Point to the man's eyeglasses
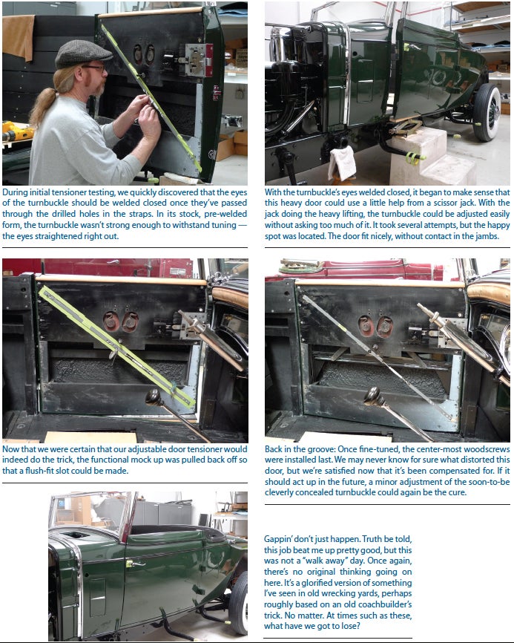point(95,68)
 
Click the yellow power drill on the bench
point(16,131)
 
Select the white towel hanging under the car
point(343,163)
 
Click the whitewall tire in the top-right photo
point(487,112)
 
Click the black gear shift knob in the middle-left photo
point(155,398)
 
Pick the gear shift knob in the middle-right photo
point(373,396)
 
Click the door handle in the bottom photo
point(135,564)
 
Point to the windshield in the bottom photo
point(92,512)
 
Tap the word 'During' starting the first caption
point(13,192)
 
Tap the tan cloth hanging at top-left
point(18,36)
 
